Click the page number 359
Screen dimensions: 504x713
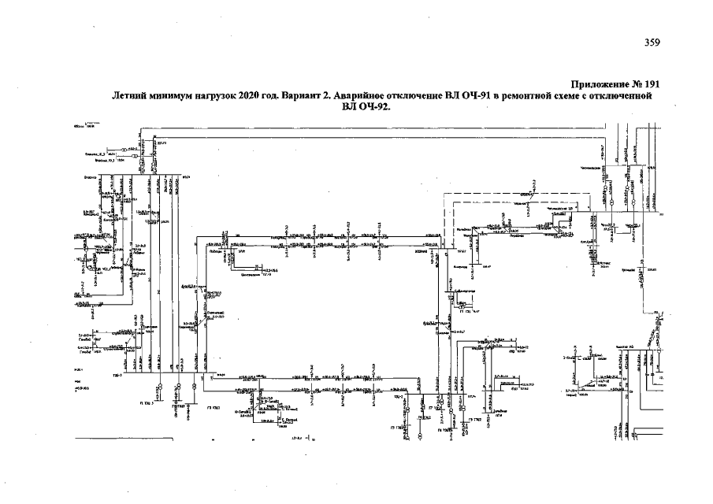point(652,43)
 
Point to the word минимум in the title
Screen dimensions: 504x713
point(174,96)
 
